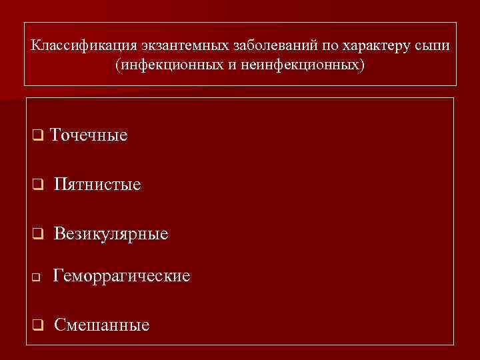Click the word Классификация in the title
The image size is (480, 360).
coord(83,47)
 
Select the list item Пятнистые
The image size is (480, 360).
coord(97,184)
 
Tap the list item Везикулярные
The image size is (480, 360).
coord(111,233)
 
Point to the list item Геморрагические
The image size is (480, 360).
coord(121,275)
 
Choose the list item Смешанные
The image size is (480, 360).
coord(101,325)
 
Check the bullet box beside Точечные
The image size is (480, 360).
coord(37,136)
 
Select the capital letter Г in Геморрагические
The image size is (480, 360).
coord(57,275)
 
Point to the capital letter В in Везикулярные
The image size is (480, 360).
coord(59,233)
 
